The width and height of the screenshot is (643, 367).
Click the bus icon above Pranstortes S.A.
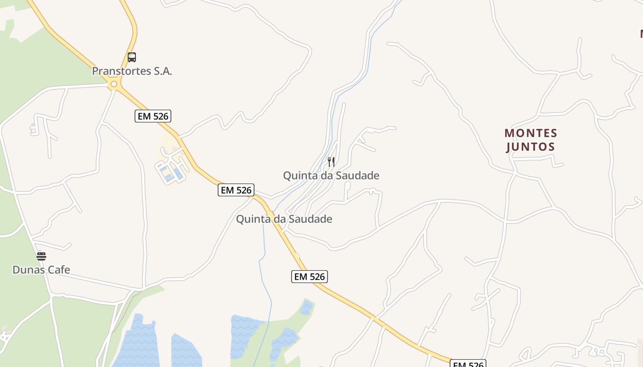tap(132, 57)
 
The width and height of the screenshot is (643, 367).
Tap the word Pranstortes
tap(122, 71)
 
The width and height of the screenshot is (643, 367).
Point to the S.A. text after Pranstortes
tap(163, 71)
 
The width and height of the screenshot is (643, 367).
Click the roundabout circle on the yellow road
tap(114, 84)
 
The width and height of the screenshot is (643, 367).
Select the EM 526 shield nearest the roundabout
tap(153, 116)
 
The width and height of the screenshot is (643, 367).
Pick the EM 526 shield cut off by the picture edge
tap(468, 364)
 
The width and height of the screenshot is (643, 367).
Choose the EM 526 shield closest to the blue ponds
tap(310, 276)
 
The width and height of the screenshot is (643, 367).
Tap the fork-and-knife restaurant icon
tap(331, 161)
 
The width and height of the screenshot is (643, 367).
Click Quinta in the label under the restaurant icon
tap(299, 175)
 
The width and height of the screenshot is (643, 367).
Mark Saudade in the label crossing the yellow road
tap(310, 219)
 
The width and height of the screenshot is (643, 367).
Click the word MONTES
tap(531, 133)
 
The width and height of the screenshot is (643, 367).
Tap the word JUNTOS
tap(531, 147)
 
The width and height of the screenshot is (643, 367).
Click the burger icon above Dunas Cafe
tap(41, 256)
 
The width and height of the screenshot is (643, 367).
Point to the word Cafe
tap(59, 269)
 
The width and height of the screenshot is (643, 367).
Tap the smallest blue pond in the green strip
tap(307, 308)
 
